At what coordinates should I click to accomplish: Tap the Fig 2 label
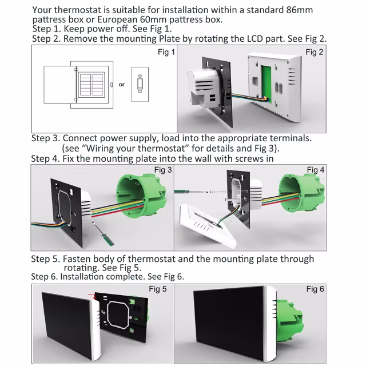[x=315, y=53]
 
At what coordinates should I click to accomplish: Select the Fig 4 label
[x=316, y=170]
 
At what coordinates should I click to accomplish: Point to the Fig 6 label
[x=315, y=289]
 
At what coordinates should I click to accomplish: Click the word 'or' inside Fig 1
[x=121, y=85]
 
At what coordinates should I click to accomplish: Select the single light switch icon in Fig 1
[x=140, y=85]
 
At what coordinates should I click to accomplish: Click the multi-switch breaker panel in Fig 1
[x=91, y=84]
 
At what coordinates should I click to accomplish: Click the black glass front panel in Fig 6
[x=229, y=323]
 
